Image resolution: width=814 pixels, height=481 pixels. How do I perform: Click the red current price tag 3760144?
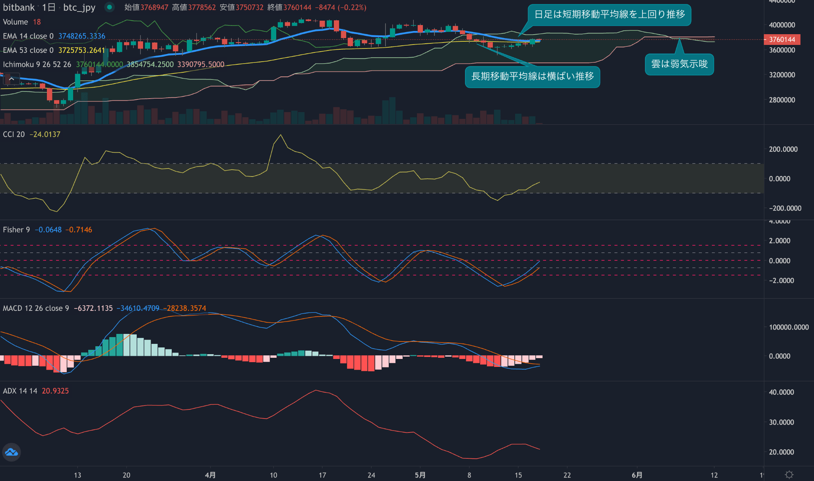pyautogui.click(x=782, y=39)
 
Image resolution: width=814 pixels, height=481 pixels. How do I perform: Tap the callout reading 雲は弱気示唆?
pyautogui.click(x=679, y=64)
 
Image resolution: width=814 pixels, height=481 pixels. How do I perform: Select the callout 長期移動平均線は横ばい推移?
pyautogui.click(x=532, y=76)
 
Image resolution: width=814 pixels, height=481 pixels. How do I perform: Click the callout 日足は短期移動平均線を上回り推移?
pyautogui.click(x=609, y=15)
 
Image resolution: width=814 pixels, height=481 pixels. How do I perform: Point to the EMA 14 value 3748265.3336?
pyautogui.click(x=82, y=36)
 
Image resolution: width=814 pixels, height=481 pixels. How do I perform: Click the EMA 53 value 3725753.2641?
pyautogui.click(x=81, y=50)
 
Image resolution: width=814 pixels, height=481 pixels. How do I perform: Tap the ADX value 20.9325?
pyautogui.click(x=55, y=391)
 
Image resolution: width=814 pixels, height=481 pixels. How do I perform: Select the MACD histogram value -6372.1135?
pyautogui.click(x=93, y=308)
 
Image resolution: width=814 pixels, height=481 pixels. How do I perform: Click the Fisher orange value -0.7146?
pyautogui.click(x=79, y=230)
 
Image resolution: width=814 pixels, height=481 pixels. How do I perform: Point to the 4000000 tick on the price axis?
pyautogui.click(x=782, y=25)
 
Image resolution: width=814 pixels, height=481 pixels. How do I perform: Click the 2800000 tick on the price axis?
pyautogui.click(x=782, y=100)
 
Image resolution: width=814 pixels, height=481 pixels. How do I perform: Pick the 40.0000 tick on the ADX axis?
pyautogui.click(x=781, y=392)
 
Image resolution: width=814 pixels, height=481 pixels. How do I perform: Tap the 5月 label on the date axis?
pyautogui.click(x=420, y=475)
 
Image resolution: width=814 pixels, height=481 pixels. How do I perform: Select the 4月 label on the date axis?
pyautogui.click(x=210, y=475)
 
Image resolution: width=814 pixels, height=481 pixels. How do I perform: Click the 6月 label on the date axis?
pyautogui.click(x=637, y=475)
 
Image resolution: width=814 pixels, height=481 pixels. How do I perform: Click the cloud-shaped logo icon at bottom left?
pyautogui.click(x=12, y=452)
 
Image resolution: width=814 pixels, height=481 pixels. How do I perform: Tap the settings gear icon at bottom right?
pyautogui.click(x=789, y=475)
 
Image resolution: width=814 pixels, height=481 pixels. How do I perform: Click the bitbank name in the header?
pyautogui.click(x=19, y=8)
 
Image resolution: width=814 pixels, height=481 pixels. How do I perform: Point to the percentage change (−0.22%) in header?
pyautogui.click(x=351, y=8)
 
